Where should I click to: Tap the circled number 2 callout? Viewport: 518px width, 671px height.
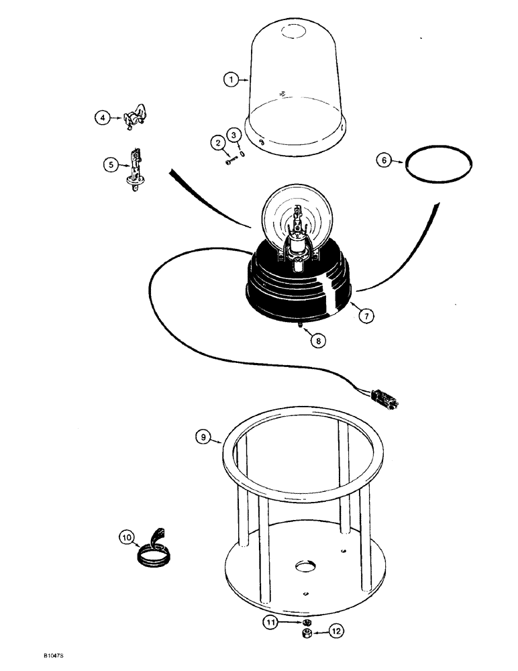217,142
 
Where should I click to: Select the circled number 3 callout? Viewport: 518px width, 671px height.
233,134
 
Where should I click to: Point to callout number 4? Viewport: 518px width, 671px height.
102,118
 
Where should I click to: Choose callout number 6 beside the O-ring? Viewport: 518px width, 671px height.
384,162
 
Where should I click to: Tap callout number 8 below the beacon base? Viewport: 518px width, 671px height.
318,340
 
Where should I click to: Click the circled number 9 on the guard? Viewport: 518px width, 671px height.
203,438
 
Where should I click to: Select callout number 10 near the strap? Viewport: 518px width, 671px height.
125,536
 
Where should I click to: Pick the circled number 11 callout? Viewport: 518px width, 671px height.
270,623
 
